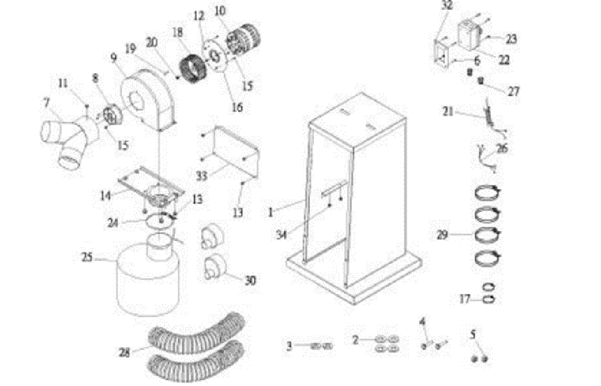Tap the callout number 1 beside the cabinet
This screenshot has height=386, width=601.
click(x=272, y=212)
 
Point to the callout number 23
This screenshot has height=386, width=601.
click(x=511, y=39)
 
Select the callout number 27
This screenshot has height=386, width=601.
click(x=513, y=92)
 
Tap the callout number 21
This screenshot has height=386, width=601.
click(x=447, y=110)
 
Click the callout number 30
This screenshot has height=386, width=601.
click(x=250, y=280)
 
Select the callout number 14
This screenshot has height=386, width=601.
click(x=107, y=196)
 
